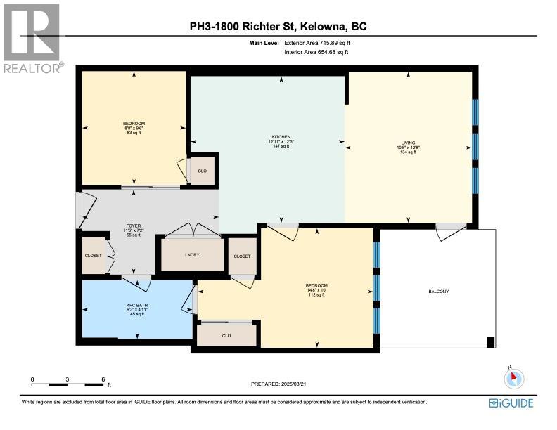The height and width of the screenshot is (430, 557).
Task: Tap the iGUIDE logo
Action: click(511, 403)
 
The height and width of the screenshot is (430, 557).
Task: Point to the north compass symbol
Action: click(514, 378)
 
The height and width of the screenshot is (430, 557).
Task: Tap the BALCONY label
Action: click(438, 292)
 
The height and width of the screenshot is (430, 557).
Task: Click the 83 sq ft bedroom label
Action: click(133, 128)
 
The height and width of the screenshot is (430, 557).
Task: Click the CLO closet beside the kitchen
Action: click(202, 171)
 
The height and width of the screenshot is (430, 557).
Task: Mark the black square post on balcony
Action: click(490, 342)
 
